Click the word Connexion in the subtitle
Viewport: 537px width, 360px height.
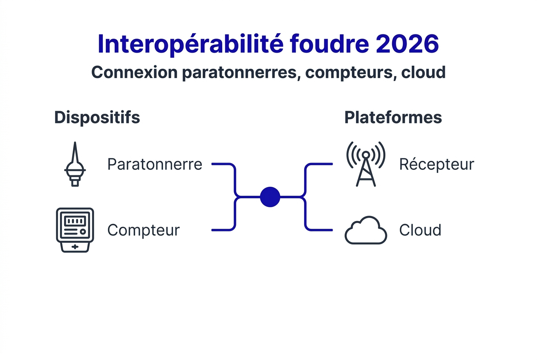tap(134, 73)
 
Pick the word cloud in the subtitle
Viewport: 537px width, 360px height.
tap(423, 73)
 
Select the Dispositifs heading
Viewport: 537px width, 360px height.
tap(97, 118)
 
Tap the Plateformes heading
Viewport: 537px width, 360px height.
tap(393, 118)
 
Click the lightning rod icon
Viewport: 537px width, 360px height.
tap(75, 165)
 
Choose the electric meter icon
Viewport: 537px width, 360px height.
tap(75, 230)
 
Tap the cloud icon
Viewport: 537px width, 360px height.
tap(366, 231)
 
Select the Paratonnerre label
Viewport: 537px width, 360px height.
tap(155, 164)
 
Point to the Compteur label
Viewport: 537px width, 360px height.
tap(143, 230)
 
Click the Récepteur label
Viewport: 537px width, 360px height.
tap(436, 164)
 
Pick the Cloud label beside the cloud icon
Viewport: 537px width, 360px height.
tap(420, 230)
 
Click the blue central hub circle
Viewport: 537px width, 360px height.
tap(270, 197)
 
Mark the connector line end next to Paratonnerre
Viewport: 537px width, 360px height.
tap(213, 164)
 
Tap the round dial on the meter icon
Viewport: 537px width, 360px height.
tap(83, 232)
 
